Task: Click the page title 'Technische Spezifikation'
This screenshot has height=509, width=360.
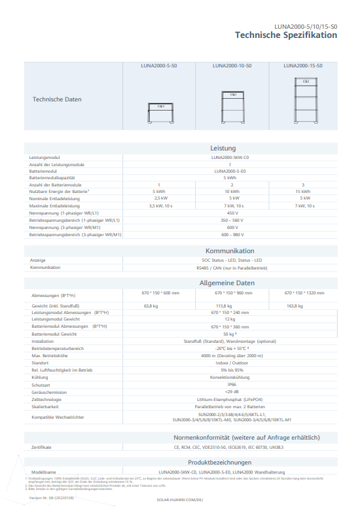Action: point(286,35)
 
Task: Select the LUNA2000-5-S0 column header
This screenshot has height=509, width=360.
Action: point(159,66)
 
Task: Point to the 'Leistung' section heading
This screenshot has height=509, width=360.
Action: point(223,149)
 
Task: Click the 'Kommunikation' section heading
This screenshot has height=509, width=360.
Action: point(229,251)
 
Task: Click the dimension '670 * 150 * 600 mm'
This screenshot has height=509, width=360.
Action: point(160,293)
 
